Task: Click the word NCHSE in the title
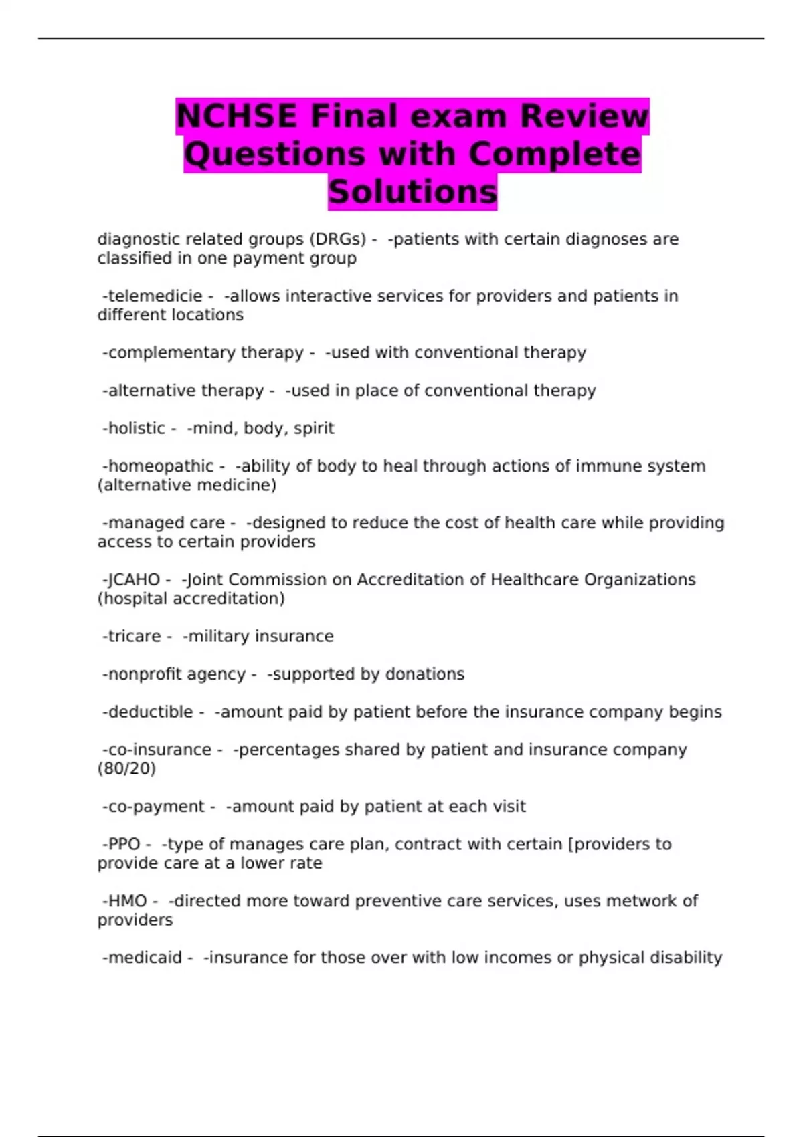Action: click(x=236, y=116)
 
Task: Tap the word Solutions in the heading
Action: click(x=412, y=192)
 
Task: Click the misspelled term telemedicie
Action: click(x=155, y=296)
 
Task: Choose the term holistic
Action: click(x=137, y=429)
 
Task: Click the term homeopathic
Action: click(x=161, y=466)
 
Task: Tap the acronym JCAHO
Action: click(x=134, y=580)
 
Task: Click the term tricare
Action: click(x=134, y=637)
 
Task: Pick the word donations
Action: click(x=426, y=674)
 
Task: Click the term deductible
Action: click(x=150, y=712)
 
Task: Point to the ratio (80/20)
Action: click(x=126, y=769)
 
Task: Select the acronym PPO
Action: click(x=124, y=845)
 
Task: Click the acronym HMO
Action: click(x=127, y=902)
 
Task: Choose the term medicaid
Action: click(x=145, y=958)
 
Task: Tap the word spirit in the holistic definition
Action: click(x=314, y=429)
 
